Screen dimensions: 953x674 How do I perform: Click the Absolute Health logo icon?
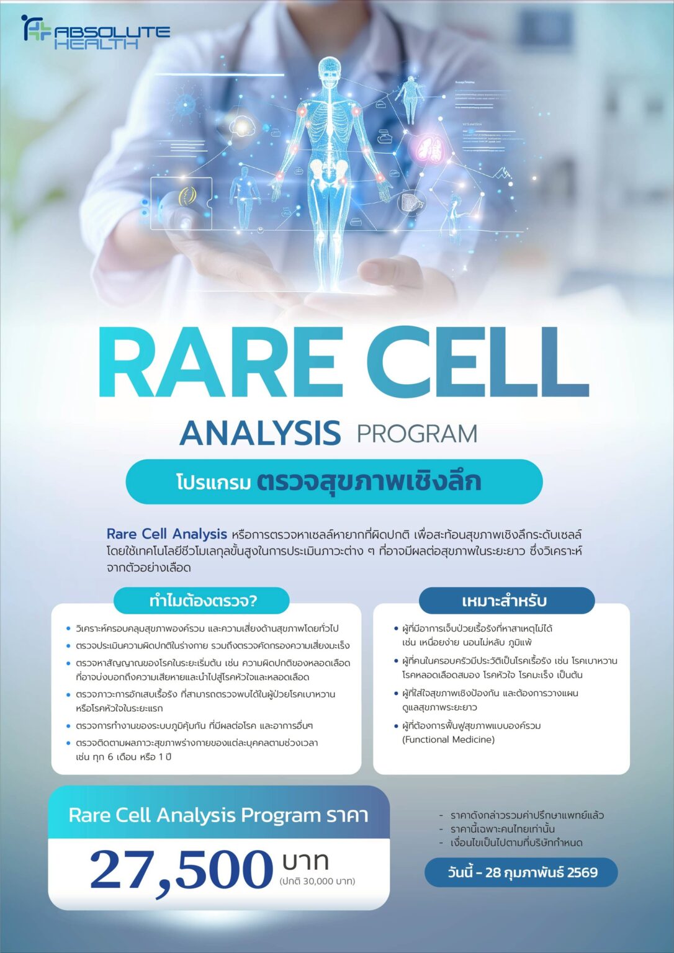click(x=36, y=29)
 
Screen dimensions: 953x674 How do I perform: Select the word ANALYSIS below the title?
click(x=260, y=433)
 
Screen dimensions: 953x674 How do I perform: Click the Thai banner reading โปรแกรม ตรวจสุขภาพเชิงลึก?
click(x=334, y=481)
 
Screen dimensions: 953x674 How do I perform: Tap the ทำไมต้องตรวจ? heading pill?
click(x=202, y=601)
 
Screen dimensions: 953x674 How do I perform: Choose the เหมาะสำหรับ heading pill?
click(x=503, y=601)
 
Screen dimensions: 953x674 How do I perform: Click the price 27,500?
click(x=181, y=869)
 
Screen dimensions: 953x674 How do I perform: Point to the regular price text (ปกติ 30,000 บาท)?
click(x=317, y=881)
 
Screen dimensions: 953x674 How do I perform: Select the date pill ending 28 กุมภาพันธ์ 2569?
click(x=521, y=872)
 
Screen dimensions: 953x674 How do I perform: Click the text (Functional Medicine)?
click(x=448, y=740)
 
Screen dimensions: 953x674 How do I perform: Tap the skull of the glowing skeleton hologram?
click(x=328, y=69)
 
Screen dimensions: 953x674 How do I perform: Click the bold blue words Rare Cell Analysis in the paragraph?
click(x=166, y=534)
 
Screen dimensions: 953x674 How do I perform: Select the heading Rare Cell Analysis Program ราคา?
click(x=218, y=815)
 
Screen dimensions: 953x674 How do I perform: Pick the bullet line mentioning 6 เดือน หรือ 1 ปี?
click(x=124, y=757)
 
